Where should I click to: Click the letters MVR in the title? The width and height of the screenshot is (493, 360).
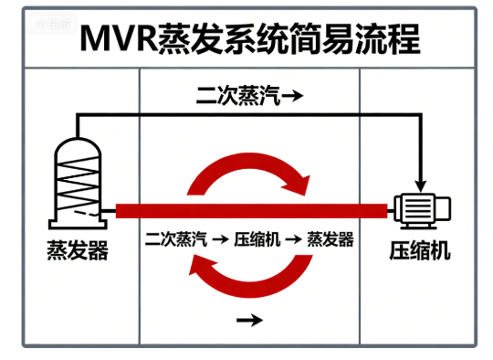coord(118,39)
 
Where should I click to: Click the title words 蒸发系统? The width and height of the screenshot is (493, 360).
coord(223,39)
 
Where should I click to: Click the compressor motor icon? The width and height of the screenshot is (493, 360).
coord(419,211)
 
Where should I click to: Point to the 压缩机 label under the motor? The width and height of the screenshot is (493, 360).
coord(420,249)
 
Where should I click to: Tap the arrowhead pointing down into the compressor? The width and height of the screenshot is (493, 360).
coord(421,182)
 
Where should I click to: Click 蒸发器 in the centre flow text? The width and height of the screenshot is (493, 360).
coord(330,240)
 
